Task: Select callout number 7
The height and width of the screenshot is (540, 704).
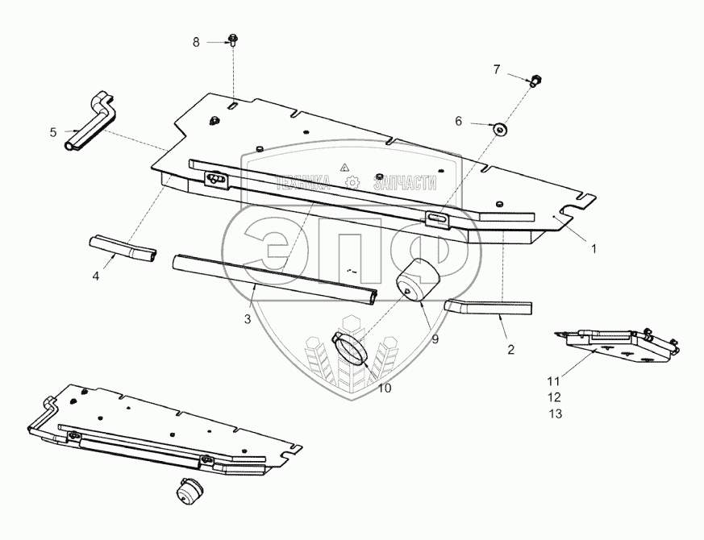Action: coord(497,70)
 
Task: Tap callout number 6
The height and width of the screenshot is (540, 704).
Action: coord(458,122)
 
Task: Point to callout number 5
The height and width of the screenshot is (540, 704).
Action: coord(53,131)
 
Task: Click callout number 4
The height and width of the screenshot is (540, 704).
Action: coord(95,276)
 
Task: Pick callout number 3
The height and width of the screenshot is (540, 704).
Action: coord(248,319)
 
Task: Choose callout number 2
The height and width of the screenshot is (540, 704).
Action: coord(510,350)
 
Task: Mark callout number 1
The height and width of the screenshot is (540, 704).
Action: coord(594,249)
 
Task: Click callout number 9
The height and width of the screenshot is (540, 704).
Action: coord(435,339)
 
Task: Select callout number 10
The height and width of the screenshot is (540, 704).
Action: coord(384,388)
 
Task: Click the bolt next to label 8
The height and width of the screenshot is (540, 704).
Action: coord(232,39)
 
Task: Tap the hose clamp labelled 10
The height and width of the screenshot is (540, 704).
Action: coord(351,348)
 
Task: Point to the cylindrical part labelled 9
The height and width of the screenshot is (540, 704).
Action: coord(417,284)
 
